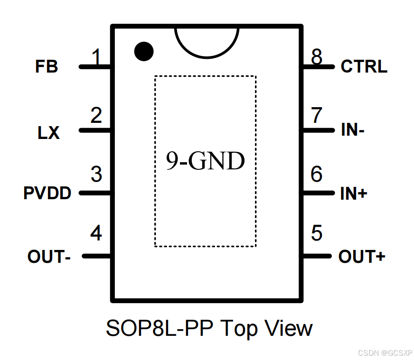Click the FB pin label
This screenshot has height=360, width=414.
pos(47,67)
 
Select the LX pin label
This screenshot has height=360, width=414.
pos(49,133)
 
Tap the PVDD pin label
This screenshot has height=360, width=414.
pos(47,194)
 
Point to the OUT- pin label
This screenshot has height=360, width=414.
pos(49,257)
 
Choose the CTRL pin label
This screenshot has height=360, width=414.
pos(364,67)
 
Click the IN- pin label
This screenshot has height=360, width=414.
pos(353,130)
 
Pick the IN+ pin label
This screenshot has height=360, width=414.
pos(354,194)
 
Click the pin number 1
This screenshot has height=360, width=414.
pos(97,58)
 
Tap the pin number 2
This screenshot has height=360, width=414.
pos(96,116)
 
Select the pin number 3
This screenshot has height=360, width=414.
pos(96,175)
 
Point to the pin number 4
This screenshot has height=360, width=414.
pos(96,233)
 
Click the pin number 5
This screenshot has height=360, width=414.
pos(317,233)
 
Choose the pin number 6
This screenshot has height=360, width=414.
pos(317,175)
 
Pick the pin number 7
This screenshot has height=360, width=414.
pos(317,116)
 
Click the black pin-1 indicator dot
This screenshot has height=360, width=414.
pos(144,51)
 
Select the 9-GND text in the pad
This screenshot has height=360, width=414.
pos(205,162)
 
